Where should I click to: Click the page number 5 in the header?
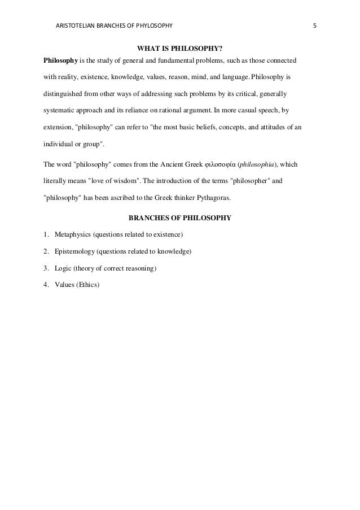click(316, 26)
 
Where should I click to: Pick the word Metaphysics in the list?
click(73, 234)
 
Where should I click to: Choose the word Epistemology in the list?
click(75, 251)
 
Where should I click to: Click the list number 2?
click(45, 251)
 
